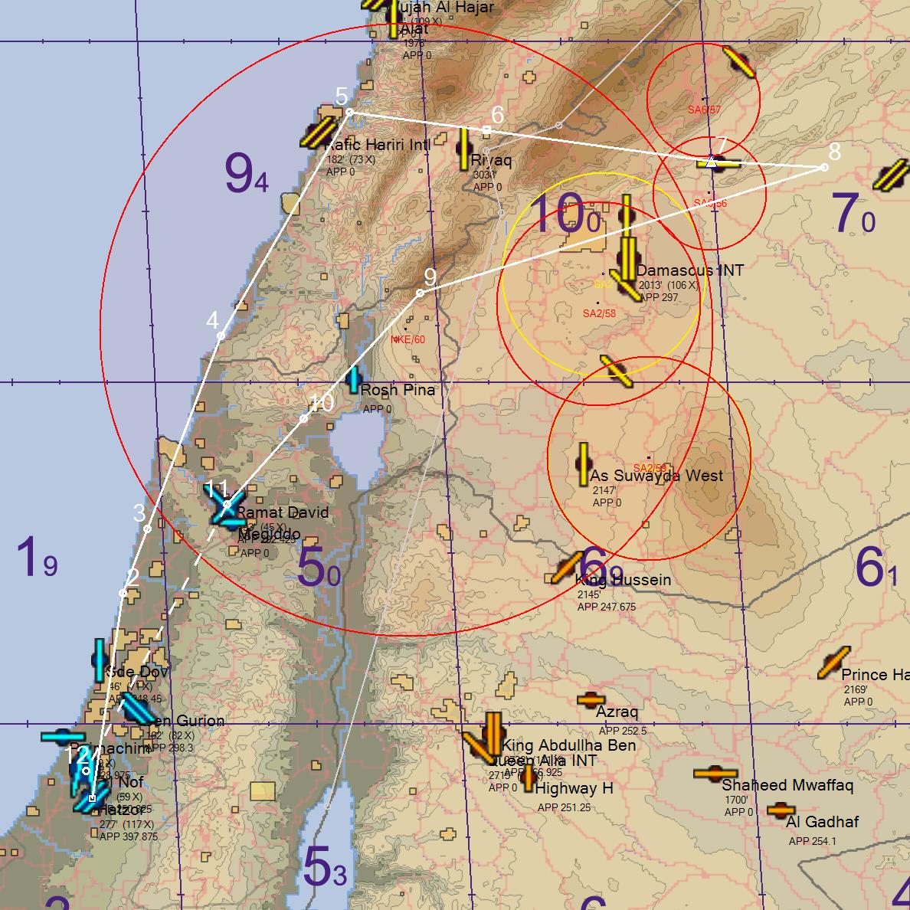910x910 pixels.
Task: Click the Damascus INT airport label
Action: tap(689, 270)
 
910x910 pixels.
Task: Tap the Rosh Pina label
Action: tap(398, 390)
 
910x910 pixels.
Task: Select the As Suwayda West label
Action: tap(656, 476)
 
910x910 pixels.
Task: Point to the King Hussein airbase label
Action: tap(623, 580)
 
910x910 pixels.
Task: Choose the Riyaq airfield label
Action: tap(491, 160)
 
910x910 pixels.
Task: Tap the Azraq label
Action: tap(617, 712)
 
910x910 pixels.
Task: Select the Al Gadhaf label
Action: tap(822, 822)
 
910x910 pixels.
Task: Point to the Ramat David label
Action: tap(282, 512)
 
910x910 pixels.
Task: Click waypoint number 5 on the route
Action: tap(349, 113)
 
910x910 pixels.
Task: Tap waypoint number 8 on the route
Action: tap(824, 167)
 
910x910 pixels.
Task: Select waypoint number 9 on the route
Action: tap(420, 293)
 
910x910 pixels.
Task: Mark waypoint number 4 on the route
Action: tap(221, 336)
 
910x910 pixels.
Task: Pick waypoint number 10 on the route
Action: tap(304, 418)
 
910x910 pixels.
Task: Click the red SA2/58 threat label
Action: tap(599, 313)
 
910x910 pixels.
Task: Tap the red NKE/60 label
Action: tap(408, 339)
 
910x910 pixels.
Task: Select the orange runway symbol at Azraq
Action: tap(591, 699)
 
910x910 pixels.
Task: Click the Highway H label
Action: tap(574, 788)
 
